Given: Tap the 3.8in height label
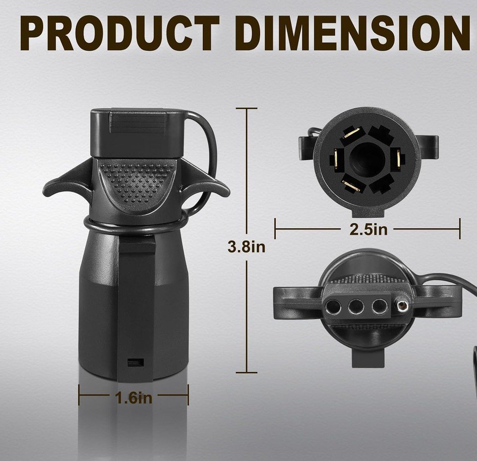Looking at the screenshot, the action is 246,247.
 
